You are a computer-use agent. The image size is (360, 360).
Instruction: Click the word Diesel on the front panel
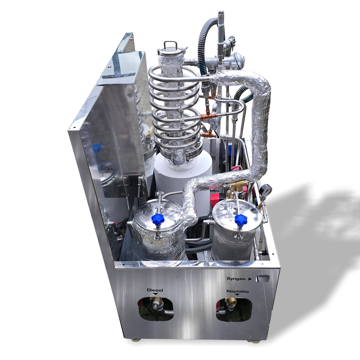point(155,290)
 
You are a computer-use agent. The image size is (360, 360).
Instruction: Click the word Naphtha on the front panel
point(237,291)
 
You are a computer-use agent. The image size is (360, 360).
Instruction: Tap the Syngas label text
point(236,279)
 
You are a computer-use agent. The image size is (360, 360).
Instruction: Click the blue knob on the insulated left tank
point(157,220)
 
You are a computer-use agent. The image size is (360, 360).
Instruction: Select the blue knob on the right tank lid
point(241,220)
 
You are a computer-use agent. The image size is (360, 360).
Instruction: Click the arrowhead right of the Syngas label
point(250,279)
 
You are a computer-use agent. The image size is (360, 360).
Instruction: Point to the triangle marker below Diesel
point(155,294)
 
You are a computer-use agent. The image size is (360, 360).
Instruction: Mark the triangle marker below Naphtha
point(237,295)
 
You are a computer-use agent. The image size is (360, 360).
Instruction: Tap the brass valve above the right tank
point(237,184)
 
